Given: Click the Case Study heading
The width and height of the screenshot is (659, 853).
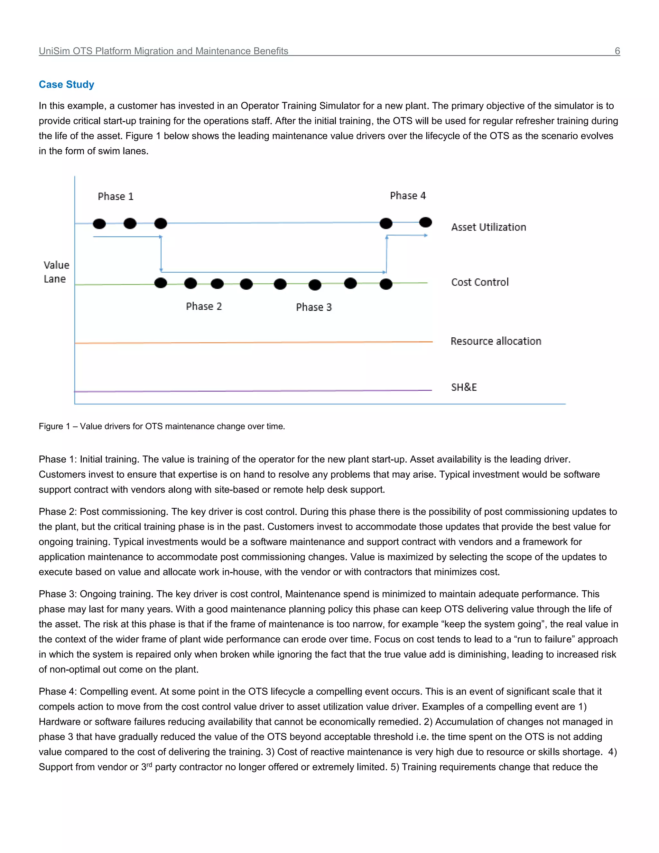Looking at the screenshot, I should coord(66,84).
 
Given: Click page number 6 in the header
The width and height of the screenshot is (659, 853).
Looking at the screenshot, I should coord(617,51).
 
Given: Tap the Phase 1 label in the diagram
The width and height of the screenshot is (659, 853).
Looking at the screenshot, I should coord(116,196).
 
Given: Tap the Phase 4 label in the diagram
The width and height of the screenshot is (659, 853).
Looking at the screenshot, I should coord(408,196).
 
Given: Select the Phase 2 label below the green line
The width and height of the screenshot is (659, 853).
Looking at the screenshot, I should coord(204,306).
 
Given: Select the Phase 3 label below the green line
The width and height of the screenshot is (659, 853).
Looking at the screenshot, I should coord(313,307).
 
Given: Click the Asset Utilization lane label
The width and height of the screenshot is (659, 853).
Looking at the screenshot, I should coord(488,227).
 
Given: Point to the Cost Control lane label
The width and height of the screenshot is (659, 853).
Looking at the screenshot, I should coord(480,282).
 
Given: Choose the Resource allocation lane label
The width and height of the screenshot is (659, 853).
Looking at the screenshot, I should coord(496,341).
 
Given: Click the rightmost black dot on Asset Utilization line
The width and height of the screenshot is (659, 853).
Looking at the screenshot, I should coord(425,222).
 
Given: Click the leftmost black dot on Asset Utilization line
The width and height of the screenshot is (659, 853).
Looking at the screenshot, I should coord(99,224).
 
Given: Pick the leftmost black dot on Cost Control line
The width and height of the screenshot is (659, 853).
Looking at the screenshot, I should coord(161,283).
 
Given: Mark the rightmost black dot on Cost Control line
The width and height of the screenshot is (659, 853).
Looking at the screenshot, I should coord(386,284).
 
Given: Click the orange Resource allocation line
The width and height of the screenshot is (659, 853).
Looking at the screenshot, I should coord(254,342).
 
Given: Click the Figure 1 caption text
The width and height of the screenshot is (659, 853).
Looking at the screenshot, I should coord(162,426).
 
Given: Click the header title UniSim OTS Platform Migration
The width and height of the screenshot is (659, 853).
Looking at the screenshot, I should coord(163,51).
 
